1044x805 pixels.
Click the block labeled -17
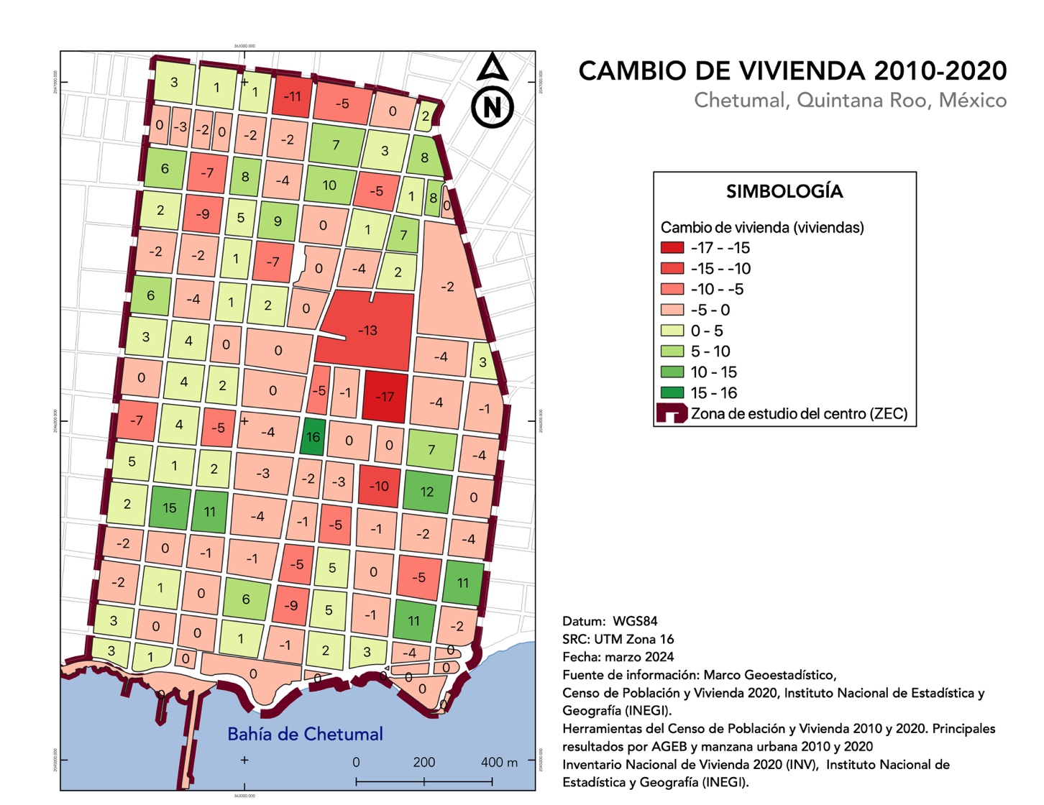pyautogui.click(x=385, y=396)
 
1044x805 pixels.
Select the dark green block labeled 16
pyautogui.click(x=313, y=437)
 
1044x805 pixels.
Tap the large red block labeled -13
pyautogui.click(x=367, y=331)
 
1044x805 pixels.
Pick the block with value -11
pyautogui.click(x=292, y=96)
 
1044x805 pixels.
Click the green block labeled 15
pyautogui.click(x=169, y=507)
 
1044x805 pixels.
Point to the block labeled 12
pyautogui.click(x=427, y=492)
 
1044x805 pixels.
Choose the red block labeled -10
pyautogui.click(x=379, y=486)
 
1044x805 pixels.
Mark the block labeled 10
pyautogui.click(x=329, y=185)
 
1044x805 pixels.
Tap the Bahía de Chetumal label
pyautogui.click(x=305, y=734)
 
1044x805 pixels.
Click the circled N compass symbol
pyautogui.click(x=493, y=107)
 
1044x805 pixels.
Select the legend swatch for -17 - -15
pyautogui.click(x=672, y=247)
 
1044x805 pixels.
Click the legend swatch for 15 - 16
pyautogui.click(x=672, y=392)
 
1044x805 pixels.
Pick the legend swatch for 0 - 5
pyautogui.click(x=672, y=331)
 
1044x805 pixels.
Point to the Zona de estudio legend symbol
pyautogui.click(x=671, y=413)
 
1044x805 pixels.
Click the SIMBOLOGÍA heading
pyautogui.click(x=784, y=191)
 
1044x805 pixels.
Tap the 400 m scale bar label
pyautogui.click(x=498, y=763)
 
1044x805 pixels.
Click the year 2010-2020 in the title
pyautogui.click(x=940, y=70)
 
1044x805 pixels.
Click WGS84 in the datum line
pyautogui.click(x=635, y=621)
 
